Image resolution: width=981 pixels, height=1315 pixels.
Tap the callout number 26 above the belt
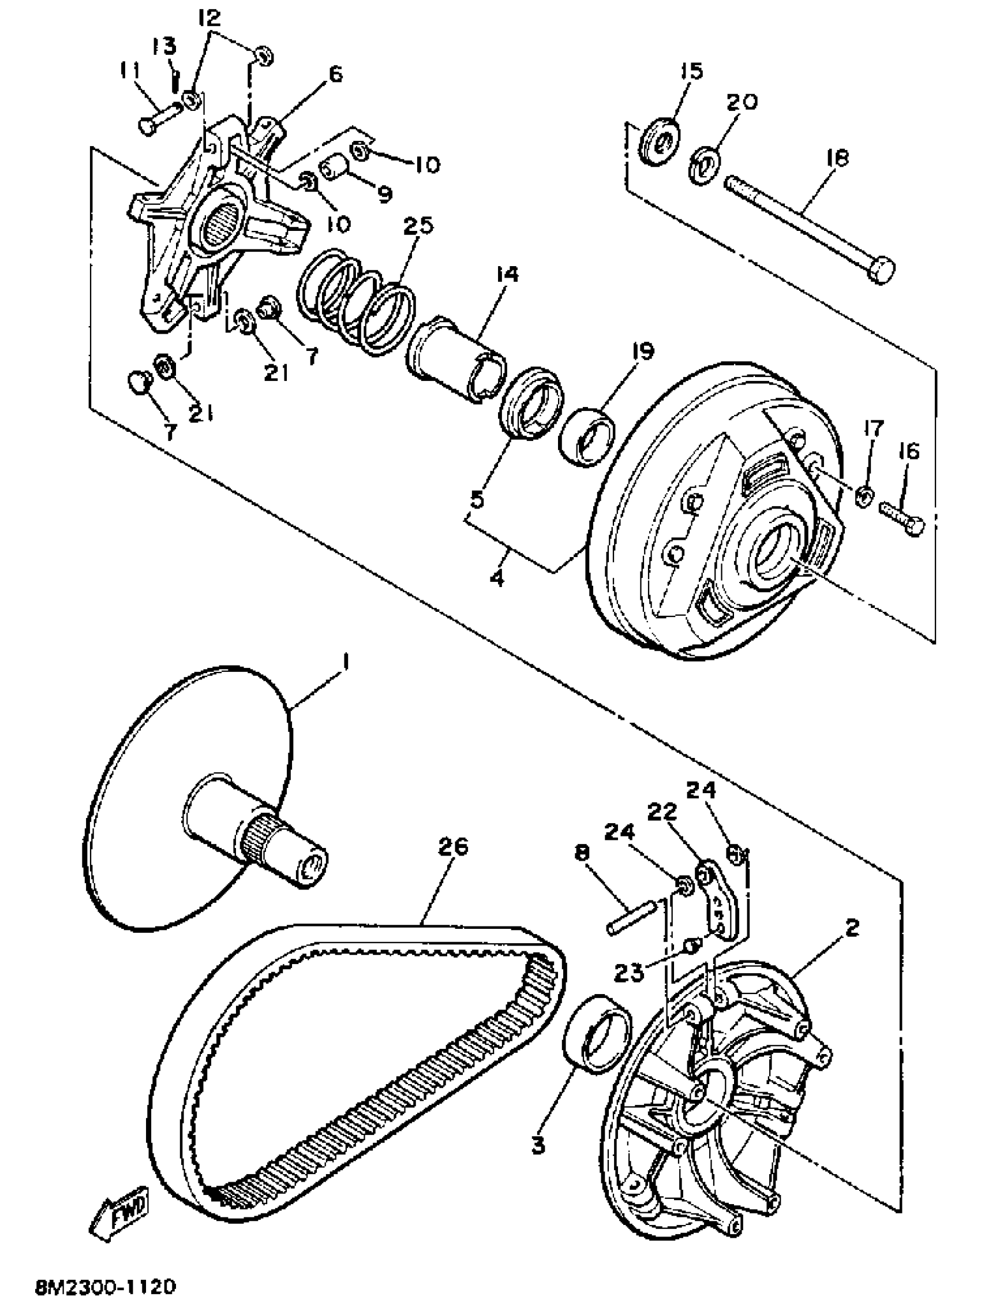452,846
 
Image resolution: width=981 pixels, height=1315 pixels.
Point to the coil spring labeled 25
356,300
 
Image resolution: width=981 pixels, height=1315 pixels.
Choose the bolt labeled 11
160,117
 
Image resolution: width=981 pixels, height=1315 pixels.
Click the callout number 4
497,576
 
